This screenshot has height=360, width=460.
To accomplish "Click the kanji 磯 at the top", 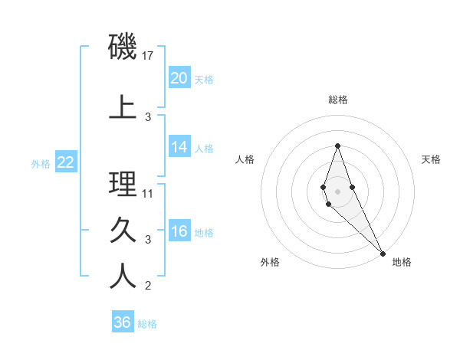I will pos(123,48).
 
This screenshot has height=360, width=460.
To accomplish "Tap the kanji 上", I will pos(123,106).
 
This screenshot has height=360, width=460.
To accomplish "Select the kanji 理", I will pos(123,184).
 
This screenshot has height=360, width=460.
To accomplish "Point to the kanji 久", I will pos(123,230).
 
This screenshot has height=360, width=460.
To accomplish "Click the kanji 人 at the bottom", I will pos(123,277).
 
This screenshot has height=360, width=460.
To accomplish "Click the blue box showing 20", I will pos(179,78).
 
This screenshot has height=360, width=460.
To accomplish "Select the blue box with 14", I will pos(179,147).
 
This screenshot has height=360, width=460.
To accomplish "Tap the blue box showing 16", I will pos(179,231).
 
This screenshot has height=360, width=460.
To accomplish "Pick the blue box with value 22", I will pos(65,162).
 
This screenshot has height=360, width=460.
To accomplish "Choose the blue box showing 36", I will pos(122,322).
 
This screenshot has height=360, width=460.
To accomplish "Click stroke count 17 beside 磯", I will pos(149,56).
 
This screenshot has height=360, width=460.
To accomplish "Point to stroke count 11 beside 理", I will pos(148,194).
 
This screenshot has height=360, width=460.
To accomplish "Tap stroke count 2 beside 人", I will pos(148,286).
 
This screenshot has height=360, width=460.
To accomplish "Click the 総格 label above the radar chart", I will pos(338,100).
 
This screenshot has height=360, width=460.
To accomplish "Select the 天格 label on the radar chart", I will pos(431,159).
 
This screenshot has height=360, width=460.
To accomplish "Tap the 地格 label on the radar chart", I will pos(402,263).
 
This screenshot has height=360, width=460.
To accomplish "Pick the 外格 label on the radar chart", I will pos(270,263).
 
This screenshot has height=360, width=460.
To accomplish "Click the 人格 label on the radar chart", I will pos(245,159).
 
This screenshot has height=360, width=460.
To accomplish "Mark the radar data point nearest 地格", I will pos(383,252).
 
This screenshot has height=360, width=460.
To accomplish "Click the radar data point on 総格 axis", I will pos(337,146).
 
